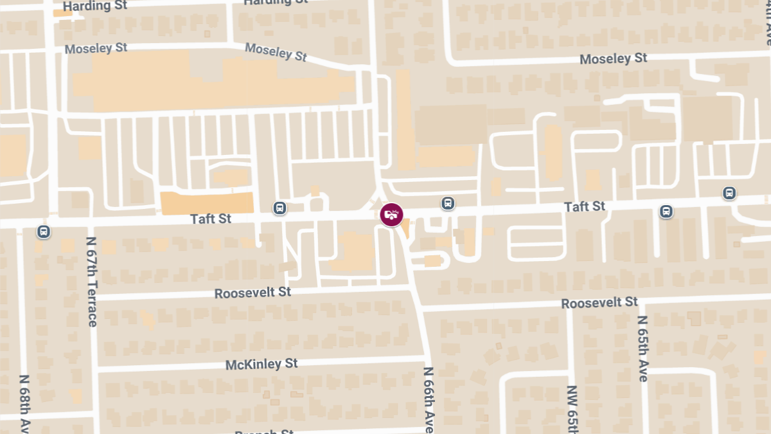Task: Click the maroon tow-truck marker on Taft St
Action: coord(391,215)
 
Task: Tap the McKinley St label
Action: coord(261,365)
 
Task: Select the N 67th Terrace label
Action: coord(91,282)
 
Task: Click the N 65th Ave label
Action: coord(643,349)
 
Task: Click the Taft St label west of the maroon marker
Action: coord(211,219)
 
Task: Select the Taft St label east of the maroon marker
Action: coord(585,207)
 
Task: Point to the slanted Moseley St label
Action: coord(276,51)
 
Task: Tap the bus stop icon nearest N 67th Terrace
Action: coord(44,231)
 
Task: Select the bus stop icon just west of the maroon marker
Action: coord(279,208)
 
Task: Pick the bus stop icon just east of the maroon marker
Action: coord(448,204)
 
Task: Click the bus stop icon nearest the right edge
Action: coord(729,193)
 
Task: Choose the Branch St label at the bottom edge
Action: coord(264,431)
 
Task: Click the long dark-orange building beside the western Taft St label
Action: coord(206,202)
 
